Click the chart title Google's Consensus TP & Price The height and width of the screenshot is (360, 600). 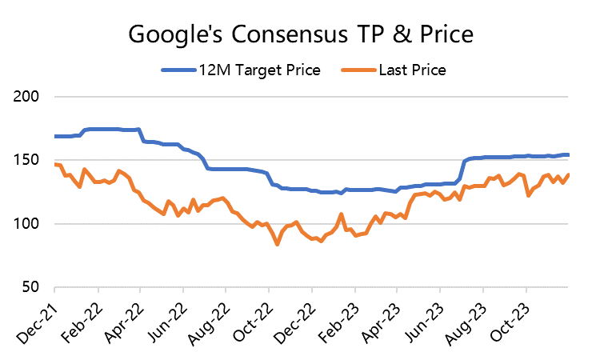pyautogui.click(x=300, y=34)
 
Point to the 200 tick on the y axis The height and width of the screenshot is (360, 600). pyautogui.click(x=29, y=97)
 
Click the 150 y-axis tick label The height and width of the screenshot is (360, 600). pyautogui.click(x=29, y=160)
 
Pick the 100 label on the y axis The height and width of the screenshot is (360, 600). pyautogui.click(x=29, y=223)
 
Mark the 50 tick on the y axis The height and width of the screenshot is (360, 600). pyautogui.click(x=34, y=286)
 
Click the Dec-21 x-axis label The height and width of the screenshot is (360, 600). pyautogui.click(x=35, y=317)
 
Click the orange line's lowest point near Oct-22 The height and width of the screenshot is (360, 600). pyautogui.click(x=277, y=244)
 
